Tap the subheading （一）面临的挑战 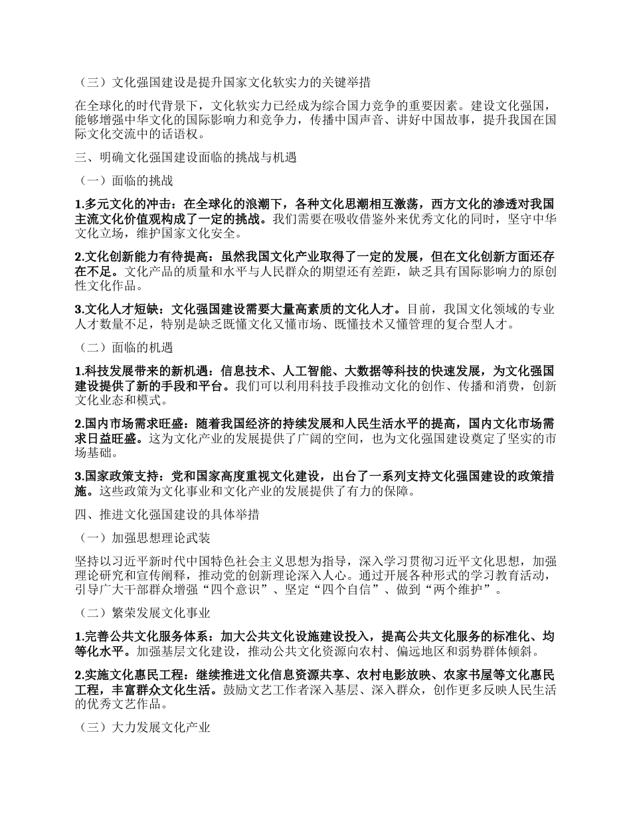pos(126,180)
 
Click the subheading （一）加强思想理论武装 pos(144,537)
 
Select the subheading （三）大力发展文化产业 pos(144,728)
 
